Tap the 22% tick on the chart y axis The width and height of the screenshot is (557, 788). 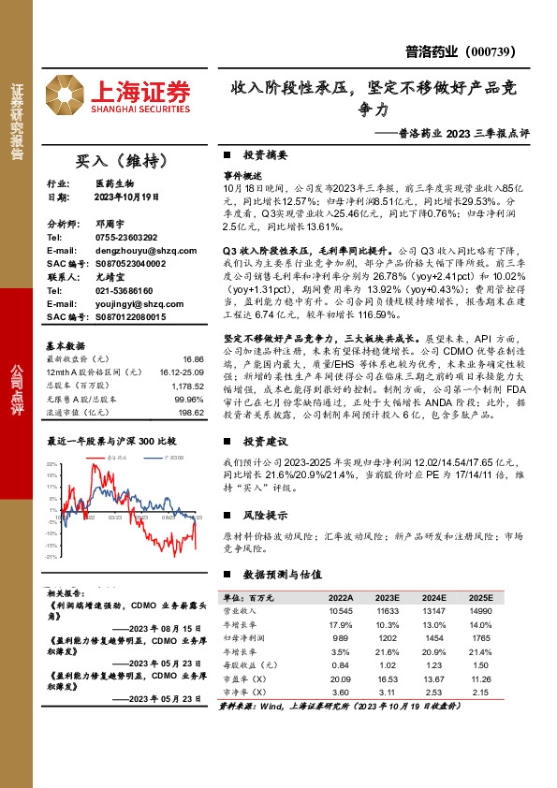click(x=52, y=463)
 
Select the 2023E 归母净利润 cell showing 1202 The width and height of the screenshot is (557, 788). click(x=388, y=637)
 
